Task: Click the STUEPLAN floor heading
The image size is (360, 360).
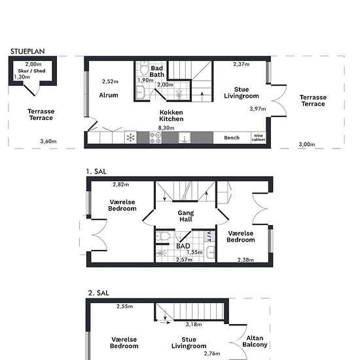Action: point(27,51)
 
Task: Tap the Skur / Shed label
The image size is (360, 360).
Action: point(31,71)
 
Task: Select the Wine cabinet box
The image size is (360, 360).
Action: point(259,137)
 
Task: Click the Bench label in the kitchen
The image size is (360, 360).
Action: point(232,137)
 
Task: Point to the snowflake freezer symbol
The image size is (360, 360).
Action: point(131,137)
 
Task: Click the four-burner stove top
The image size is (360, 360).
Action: point(155,137)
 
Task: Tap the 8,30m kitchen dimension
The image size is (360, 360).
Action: point(166,128)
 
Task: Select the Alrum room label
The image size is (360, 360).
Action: point(109,95)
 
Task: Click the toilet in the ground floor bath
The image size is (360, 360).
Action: point(145,68)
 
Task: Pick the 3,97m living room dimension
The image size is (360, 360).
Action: point(258,109)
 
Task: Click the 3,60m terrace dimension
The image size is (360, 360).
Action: point(48,141)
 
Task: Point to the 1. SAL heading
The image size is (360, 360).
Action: point(96,171)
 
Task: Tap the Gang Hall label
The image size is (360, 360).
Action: point(186,216)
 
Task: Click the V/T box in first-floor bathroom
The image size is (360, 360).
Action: point(209,236)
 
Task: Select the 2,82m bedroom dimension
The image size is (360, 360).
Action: point(121,185)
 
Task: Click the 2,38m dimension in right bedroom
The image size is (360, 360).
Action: point(245,260)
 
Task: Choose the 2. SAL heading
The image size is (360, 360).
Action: point(98,293)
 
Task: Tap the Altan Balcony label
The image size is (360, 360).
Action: point(255,341)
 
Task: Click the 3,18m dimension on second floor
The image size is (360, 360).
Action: point(194,324)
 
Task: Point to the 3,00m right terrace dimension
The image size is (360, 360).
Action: point(307,145)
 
